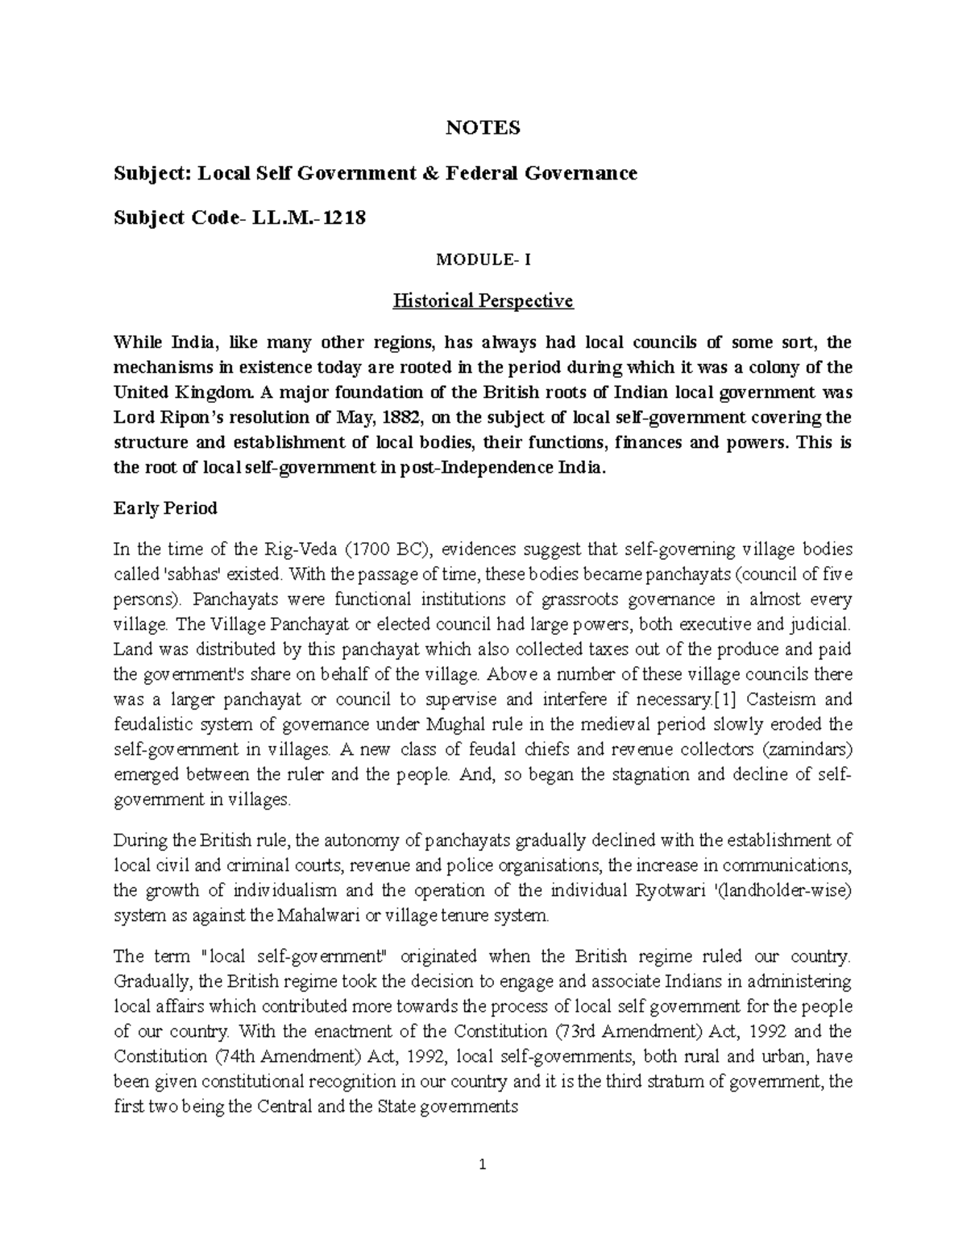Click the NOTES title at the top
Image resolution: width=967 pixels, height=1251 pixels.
483,127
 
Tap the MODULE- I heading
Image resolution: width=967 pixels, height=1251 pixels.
483,260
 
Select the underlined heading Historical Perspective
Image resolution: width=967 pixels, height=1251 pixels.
483,301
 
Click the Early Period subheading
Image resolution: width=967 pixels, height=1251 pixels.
165,508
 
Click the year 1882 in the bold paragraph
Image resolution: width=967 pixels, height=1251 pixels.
405,417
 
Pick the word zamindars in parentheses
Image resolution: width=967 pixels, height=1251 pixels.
806,749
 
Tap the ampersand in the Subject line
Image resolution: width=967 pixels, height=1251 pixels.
431,173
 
